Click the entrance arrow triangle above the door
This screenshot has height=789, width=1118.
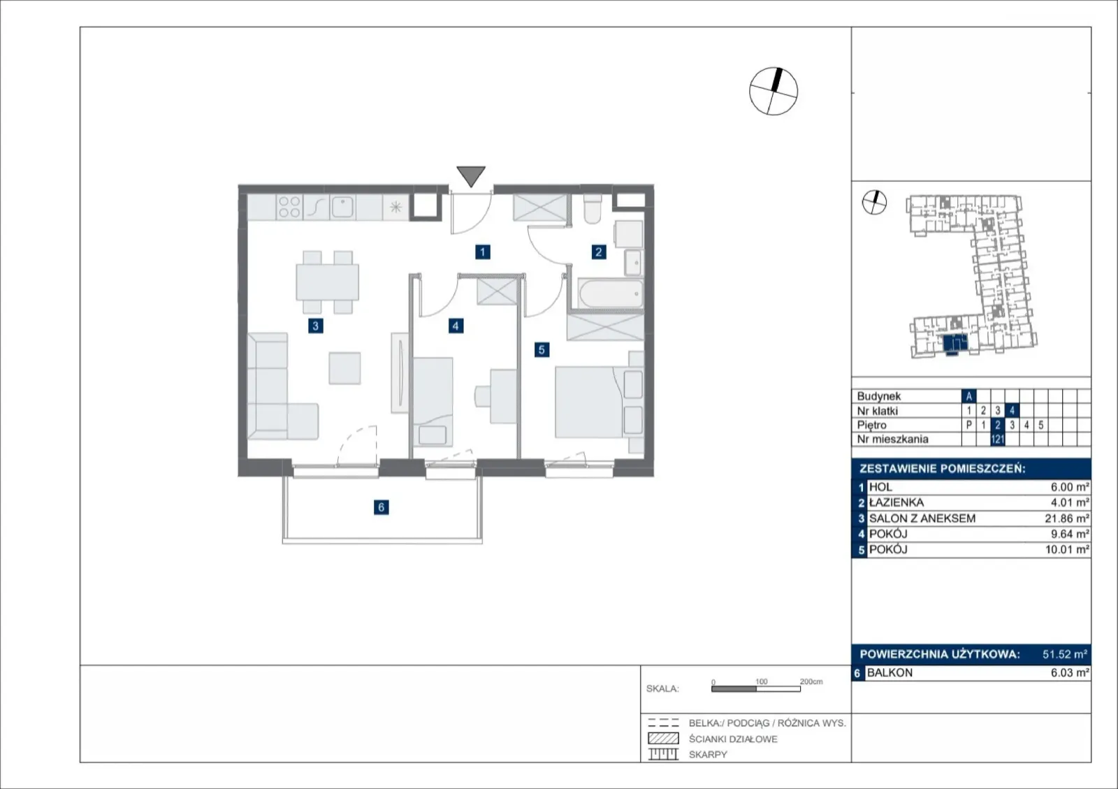tap(471, 175)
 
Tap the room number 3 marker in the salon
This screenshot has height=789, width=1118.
tap(315, 326)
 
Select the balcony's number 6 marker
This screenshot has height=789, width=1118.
tap(381, 507)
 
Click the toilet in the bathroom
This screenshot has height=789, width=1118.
tap(593, 208)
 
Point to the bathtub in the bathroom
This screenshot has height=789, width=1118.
tap(611, 294)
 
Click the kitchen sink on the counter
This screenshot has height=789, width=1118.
tap(343, 207)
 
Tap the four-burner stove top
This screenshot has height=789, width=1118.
tap(289, 207)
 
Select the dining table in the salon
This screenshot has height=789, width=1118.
tap(328, 282)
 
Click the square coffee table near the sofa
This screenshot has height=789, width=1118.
tap(344, 368)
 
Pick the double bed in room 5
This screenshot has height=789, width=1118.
tap(599, 403)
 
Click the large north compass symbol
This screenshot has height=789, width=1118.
tap(773, 92)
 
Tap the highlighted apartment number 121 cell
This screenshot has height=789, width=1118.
tap(997, 439)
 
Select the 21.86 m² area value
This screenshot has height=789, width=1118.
tap(1066, 519)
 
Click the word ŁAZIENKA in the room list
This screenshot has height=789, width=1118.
tap(896, 502)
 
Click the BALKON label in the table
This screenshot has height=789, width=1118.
tap(890, 673)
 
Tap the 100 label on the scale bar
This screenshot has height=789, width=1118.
tap(761, 681)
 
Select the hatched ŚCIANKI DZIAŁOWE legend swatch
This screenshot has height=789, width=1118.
tap(663, 739)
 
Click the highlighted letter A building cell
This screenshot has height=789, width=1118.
tap(968, 396)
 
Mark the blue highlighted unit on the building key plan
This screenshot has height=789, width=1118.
tap(955, 344)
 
